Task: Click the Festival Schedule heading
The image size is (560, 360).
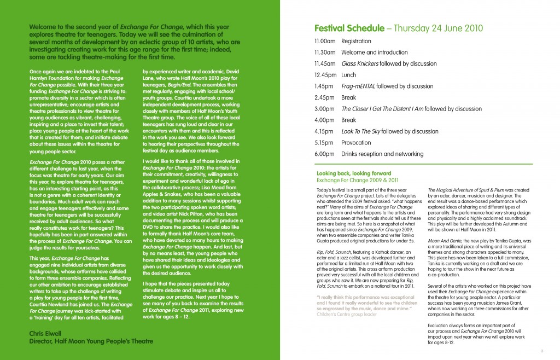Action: (x=350, y=29)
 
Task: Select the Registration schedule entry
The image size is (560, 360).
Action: (x=356, y=41)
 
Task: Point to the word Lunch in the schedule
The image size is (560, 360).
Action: (x=349, y=75)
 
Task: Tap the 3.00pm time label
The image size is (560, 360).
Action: (x=324, y=109)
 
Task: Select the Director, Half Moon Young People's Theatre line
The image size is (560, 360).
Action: (x=91, y=341)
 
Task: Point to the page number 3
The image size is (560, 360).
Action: (x=541, y=351)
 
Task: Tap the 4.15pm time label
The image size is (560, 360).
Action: (x=324, y=131)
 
